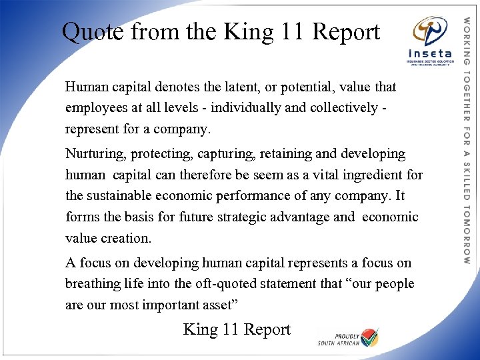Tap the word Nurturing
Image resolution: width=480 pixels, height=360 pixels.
coord(96,154)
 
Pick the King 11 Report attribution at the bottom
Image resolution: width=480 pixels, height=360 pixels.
coord(237,329)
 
